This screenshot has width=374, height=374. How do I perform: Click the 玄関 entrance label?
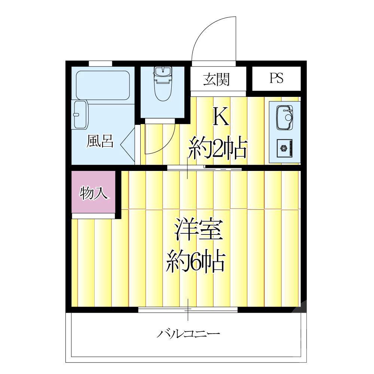tap(216, 79)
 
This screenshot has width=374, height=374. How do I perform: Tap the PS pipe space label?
tap(276, 78)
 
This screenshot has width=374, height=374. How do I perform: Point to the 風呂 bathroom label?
tap(100, 141)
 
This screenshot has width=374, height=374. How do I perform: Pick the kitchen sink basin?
tap(285, 117)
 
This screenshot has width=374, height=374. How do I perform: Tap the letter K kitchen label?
tap(220, 117)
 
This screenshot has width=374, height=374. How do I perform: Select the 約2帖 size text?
tap(218, 148)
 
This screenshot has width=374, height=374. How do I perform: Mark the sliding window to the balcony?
tap(188, 309)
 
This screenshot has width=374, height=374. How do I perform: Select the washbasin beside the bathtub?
tap(80, 114)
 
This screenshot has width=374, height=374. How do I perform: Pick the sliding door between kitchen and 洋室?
tap(204, 168)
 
